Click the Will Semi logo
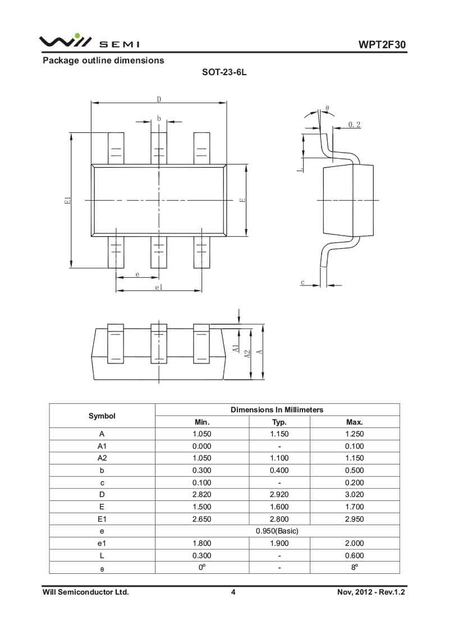[89, 42]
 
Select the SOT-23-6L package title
[224, 72]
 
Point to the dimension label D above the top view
[159, 99]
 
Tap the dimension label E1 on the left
[68, 200]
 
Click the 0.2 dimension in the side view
[354, 125]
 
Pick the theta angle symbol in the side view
[327, 108]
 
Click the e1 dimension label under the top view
[159, 287]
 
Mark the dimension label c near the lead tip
[303, 282]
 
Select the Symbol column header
[102, 416]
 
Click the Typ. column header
[279, 422]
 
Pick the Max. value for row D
[355, 494]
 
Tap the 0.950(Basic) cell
[277, 531]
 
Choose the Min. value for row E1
[202, 519]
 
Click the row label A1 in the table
[102, 446]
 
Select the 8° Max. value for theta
[355, 567]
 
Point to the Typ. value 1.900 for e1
[279, 543]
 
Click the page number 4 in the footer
[233, 592]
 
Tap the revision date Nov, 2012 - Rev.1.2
[371, 592]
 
